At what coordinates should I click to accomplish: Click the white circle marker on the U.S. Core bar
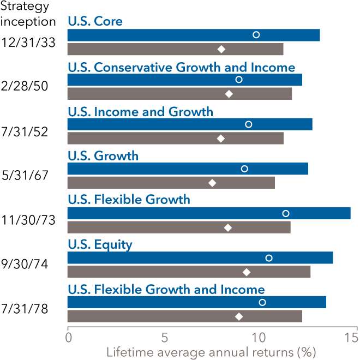tap(256, 35)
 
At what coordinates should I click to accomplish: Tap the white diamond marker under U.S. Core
tap(221, 49)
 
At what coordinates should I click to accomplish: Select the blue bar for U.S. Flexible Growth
tap(209, 213)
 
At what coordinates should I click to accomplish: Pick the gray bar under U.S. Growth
tap(171, 183)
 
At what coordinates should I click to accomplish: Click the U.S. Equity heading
tap(100, 245)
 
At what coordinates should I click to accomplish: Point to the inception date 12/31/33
tap(28, 42)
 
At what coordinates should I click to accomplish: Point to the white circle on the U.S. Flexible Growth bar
tap(285, 213)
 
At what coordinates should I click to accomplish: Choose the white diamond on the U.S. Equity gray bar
tap(247, 272)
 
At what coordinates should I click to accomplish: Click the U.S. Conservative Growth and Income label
tap(181, 67)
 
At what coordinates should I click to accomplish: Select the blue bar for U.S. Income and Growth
tap(190, 124)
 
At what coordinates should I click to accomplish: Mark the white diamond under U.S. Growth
tap(212, 183)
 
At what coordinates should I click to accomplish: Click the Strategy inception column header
tap(28, 15)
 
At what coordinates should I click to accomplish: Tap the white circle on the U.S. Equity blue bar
tap(268, 258)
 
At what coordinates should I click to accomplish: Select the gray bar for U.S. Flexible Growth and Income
tap(184, 316)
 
